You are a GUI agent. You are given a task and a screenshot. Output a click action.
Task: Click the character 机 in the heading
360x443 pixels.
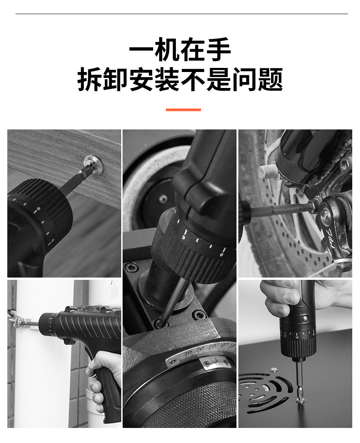(x=167, y=50)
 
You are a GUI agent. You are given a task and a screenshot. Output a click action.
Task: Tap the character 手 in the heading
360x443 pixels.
(x=218, y=50)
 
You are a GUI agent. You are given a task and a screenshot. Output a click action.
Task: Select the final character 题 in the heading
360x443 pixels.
(x=270, y=79)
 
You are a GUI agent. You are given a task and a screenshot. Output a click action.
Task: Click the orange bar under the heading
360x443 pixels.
(x=183, y=110)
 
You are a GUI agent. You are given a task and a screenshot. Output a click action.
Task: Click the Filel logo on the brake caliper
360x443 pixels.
(x=331, y=240)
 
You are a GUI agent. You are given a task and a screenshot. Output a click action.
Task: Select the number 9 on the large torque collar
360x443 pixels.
(x=183, y=237)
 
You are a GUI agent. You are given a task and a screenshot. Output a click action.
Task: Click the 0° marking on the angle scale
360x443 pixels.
(x=225, y=345)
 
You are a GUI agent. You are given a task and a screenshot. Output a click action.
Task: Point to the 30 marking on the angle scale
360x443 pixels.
(x=187, y=353)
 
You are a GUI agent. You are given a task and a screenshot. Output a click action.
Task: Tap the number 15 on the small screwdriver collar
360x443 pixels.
(x=297, y=337)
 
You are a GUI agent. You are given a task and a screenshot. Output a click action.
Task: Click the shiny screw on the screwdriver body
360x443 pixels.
(x=305, y=319)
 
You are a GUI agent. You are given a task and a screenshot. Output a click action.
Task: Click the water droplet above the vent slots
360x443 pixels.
(x=273, y=370)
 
